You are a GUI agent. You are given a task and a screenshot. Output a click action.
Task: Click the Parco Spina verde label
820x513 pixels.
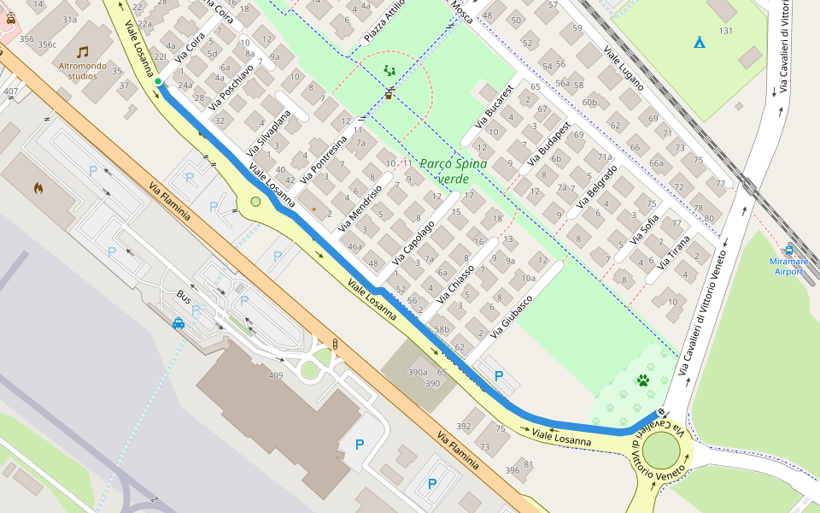coord(454,171)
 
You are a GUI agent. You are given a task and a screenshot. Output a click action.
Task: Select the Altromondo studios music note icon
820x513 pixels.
coord(83,52)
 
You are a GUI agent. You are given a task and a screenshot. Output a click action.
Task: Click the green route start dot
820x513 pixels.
coord(158,81)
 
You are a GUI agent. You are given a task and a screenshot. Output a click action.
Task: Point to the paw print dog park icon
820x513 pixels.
coord(642,380)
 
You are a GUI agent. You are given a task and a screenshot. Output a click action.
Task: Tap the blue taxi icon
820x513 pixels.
coord(179,323)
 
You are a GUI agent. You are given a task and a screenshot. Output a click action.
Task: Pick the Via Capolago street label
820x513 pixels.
coord(413,242)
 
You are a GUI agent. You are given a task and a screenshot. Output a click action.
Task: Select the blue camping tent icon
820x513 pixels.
coord(699,41)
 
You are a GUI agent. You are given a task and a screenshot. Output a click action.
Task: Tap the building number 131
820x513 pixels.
coord(726,31)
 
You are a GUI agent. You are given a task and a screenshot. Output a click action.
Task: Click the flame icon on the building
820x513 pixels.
coord(38,187)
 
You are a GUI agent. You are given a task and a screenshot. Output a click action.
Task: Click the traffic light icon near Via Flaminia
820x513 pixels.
coord(335,344)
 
